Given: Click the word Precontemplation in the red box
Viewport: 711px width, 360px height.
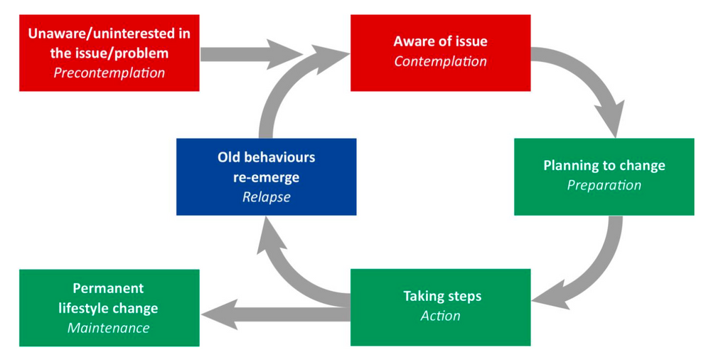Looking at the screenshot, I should (x=109, y=73).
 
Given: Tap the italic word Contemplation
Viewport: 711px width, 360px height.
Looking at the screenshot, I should (x=440, y=61).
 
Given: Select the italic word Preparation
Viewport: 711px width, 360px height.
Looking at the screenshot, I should (x=604, y=185).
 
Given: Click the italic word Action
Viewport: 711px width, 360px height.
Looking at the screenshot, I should (x=440, y=315).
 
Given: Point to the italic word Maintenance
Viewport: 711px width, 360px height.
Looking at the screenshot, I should (x=109, y=328).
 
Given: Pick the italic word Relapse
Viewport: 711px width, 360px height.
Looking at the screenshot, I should (x=266, y=197).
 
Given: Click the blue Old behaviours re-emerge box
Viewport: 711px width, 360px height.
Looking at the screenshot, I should (x=266, y=176).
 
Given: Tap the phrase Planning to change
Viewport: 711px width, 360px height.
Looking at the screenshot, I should (x=604, y=166).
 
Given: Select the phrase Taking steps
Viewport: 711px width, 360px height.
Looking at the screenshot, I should (x=440, y=295).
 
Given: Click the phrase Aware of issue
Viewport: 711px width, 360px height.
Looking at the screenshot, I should (x=440, y=41).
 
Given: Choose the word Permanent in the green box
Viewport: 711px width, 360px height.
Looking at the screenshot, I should (x=108, y=288).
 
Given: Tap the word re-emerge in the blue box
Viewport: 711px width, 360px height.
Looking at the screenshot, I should (x=266, y=177).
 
